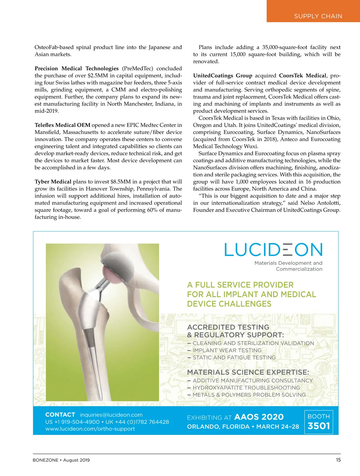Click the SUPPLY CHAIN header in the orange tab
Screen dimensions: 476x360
click(318, 16)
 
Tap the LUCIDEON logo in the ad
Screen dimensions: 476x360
click(273, 250)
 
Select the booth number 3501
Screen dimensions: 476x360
click(319, 426)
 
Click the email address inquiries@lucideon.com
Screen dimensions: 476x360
click(111, 415)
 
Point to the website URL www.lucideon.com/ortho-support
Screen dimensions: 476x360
click(90, 429)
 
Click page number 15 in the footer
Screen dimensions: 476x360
click(338, 460)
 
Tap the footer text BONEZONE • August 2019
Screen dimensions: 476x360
click(61, 460)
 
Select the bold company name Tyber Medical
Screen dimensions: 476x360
click(53, 182)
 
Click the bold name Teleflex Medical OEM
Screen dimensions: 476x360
click(62, 125)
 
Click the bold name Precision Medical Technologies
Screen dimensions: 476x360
click(76, 68)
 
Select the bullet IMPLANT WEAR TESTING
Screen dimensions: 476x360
click(227, 350)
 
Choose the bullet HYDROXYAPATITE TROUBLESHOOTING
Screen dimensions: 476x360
click(246, 388)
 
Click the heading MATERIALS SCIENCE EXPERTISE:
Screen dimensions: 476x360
click(248, 372)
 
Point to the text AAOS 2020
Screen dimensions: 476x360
click(259, 417)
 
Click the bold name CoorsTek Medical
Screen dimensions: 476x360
click(302, 76)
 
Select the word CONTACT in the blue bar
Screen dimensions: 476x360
click(60, 415)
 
